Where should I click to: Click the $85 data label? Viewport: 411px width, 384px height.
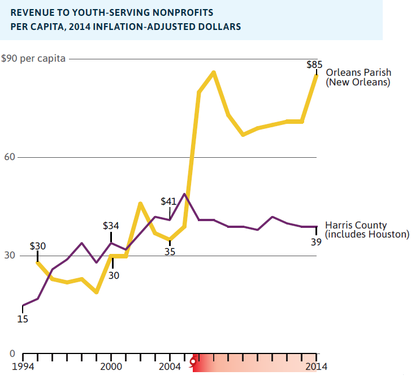click(314, 64)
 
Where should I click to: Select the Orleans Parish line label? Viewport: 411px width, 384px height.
click(358, 77)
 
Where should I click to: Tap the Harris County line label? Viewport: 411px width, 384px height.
click(367, 229)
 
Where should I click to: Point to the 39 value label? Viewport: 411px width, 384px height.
click(316, 242)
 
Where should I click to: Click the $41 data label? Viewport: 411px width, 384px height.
click(169, 201)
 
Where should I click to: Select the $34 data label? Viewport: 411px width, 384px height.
click(111, 225)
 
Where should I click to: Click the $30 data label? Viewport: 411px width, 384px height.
click(38, 247)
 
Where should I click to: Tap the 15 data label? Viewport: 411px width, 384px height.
click(23, 319)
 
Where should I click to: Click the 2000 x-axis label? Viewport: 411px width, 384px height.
click(111, 366)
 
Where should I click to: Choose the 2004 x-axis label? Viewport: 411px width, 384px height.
click(170, 366)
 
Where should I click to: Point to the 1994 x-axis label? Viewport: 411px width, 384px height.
click(23, 366)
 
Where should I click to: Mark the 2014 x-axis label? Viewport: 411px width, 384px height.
click(316, 366)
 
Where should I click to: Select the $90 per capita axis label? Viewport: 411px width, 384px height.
click(33, 58)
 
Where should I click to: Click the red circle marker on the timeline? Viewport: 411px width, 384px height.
click(193, 361)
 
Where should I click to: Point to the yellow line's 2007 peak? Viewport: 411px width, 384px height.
click(214, 72)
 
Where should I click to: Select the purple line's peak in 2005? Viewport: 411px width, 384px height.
click(184, 195)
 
